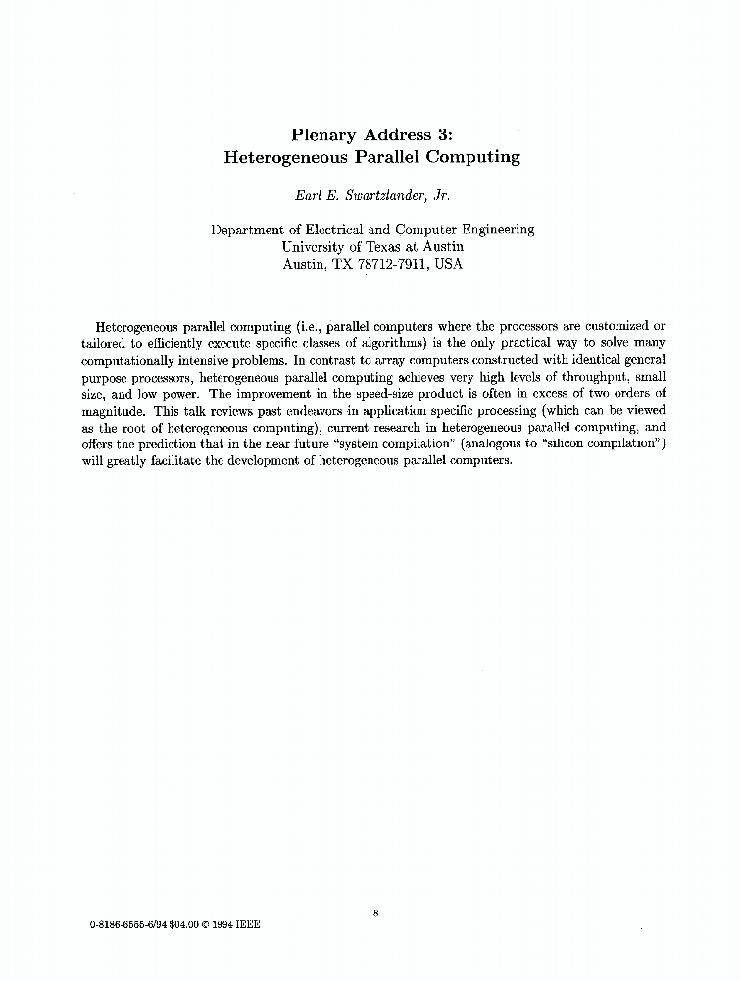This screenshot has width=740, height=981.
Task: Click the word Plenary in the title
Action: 331,134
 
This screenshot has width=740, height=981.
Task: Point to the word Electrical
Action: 327,230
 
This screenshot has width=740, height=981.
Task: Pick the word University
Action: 314,247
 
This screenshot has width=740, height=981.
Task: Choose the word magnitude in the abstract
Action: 115,412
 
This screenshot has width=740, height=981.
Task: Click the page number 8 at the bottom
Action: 375,914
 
